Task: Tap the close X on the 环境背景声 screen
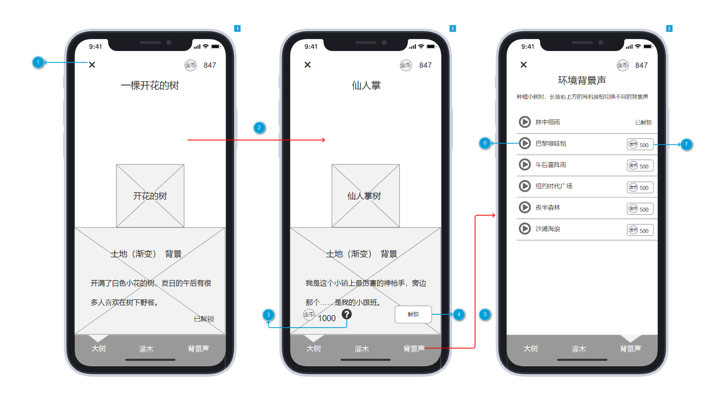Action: (x=523, y=65)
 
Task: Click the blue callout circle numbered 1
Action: (x=38, y=62)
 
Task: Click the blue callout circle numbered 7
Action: (x=686, y=145)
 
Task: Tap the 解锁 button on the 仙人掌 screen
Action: (x=413, y=314)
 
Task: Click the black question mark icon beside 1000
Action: (x=346, y=314)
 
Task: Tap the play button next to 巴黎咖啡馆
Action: (x=525, y=143)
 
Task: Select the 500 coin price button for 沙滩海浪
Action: (x=640, y=230)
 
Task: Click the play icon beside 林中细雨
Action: (x=525, y=122)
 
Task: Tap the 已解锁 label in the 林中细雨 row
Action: (x=643, y=122)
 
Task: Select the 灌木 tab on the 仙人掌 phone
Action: (x=362, y=348)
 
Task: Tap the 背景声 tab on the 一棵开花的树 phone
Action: (x=198, y=348)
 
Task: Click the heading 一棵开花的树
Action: (x=150, y=86)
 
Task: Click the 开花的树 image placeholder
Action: (x=150, y=196)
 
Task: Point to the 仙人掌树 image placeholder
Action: (x=365, y=196)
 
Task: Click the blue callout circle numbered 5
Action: (x=485, y=314)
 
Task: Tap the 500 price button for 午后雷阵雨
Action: (x=640, y=166)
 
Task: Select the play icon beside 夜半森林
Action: (x=525, y=207)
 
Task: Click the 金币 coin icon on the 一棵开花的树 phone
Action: (x=190, y=65)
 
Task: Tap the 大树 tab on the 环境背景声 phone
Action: (x=531, y=348)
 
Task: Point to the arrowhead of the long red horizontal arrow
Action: (x=324, y=140)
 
